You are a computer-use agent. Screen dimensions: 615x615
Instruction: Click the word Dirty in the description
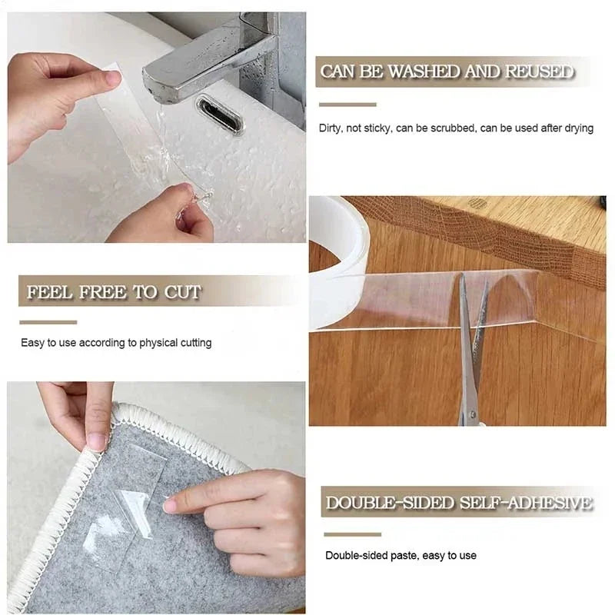point(330,128)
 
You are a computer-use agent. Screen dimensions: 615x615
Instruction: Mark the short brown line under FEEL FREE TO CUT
point(48,322)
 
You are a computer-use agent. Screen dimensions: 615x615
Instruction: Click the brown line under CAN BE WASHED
point(347,105)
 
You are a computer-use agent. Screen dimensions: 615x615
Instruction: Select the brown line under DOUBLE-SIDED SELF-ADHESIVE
point(352,534)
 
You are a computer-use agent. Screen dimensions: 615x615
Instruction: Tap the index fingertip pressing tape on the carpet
point(170,505)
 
